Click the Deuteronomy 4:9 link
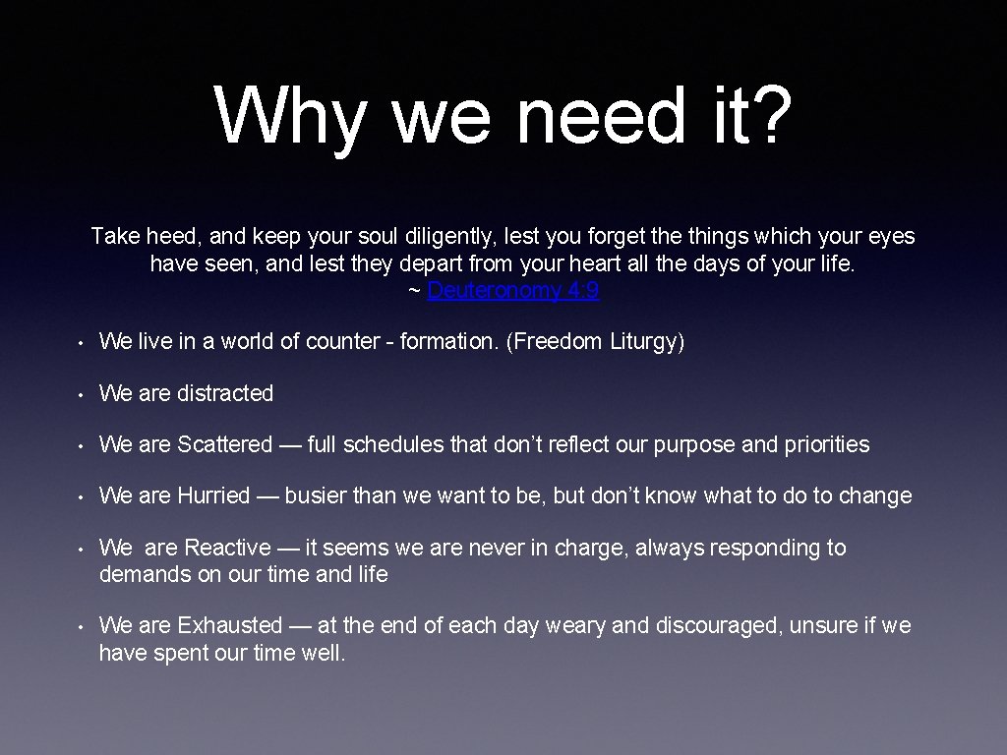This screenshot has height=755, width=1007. (513, 291)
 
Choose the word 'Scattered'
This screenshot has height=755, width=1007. (224, 444)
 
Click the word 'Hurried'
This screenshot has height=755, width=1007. (213, 495)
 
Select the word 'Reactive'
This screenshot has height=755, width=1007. (227, 548)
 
